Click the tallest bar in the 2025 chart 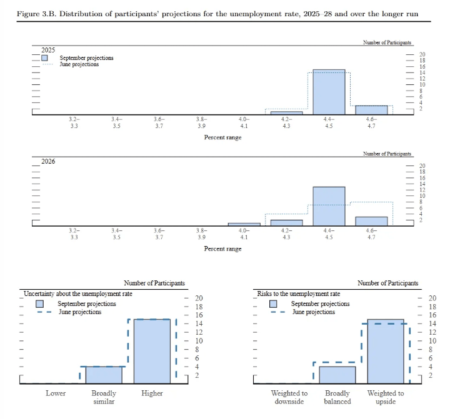[329, 92]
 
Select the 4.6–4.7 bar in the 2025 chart [371, 110]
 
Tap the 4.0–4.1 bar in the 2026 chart [244, 224]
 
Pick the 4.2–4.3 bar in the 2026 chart [286, 222]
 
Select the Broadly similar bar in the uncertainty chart [104, 375]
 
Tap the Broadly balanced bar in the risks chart [337, 375]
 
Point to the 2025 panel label [48, 50]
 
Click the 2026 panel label [48, 161]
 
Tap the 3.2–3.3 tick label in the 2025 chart [74, 122]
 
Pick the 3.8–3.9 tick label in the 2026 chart [201, 234]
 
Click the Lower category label [56, 393]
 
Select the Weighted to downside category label [289, 397]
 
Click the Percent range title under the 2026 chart [222, 249]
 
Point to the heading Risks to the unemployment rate [299, 293]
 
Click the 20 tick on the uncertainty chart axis [199, 298]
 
